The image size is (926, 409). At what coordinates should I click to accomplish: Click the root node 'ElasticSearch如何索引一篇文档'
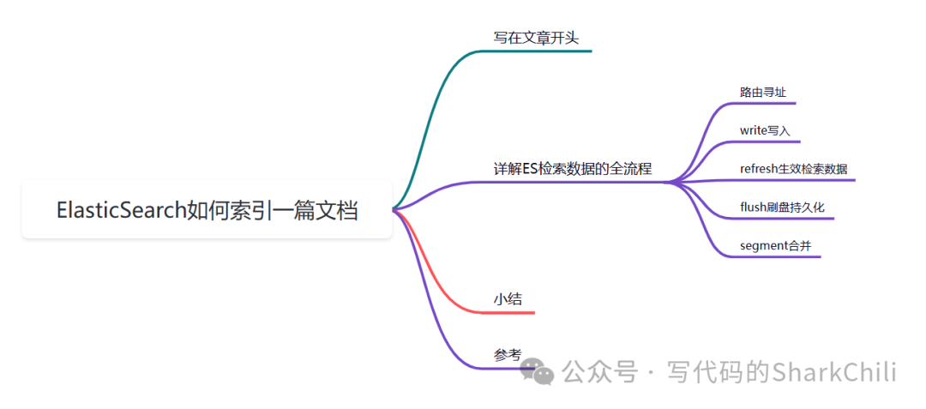(207, 210)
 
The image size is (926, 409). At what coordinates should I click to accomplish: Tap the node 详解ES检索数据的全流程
(572, 169)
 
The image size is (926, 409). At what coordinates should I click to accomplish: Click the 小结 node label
(508, 299)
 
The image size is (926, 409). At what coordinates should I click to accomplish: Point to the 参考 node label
(507, 354)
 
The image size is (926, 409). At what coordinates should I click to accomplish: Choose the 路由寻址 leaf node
(762, 92)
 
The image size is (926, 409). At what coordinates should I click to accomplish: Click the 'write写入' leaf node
(765, 130)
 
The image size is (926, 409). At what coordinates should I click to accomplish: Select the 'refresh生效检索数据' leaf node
(793, 168)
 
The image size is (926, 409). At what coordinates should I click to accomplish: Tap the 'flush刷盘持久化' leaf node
(782, 207)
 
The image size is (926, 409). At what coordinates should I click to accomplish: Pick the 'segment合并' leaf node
(775, 245)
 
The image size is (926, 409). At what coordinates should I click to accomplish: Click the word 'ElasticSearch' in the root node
(121, 210)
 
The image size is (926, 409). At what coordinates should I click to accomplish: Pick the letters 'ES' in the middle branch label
(532, 169)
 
